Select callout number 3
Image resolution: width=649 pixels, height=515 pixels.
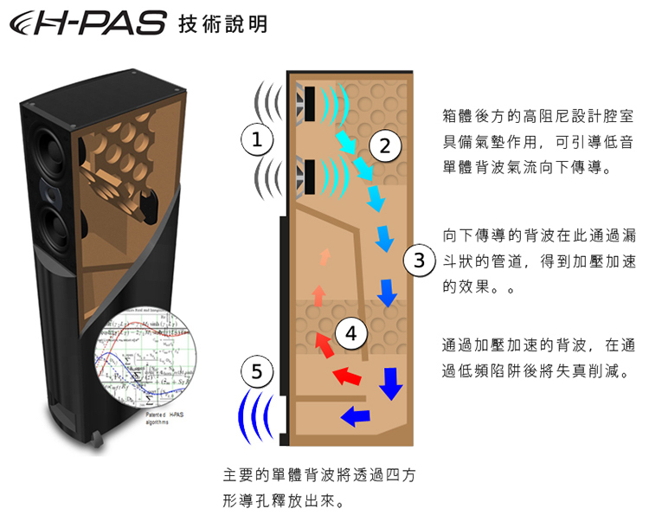[418, 260]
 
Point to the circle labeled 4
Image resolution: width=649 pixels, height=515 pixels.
[350, 333]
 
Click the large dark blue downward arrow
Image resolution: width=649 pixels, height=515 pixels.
[391, 382]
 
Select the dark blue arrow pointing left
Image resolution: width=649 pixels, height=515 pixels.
[355, 415]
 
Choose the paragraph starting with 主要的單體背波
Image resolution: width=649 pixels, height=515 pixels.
[319, 488]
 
